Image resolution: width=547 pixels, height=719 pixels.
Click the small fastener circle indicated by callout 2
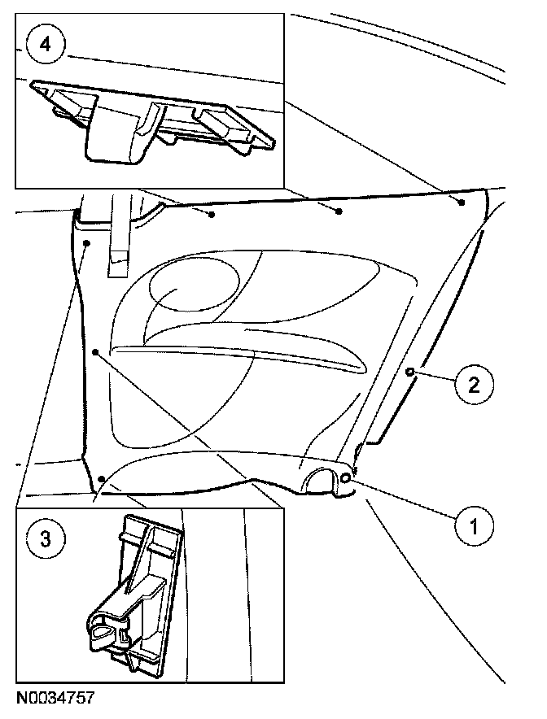[409, 372]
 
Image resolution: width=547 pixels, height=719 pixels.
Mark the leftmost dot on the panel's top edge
[212, 215]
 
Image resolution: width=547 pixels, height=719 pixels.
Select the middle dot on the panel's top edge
[339, 211]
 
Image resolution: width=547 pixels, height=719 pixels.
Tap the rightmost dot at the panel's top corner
[462, 201]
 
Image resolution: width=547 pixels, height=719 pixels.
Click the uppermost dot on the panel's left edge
[87, 242]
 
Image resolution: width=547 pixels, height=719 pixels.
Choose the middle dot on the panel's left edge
[95, 352]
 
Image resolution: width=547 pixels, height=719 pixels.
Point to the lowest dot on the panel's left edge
[100, 479]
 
